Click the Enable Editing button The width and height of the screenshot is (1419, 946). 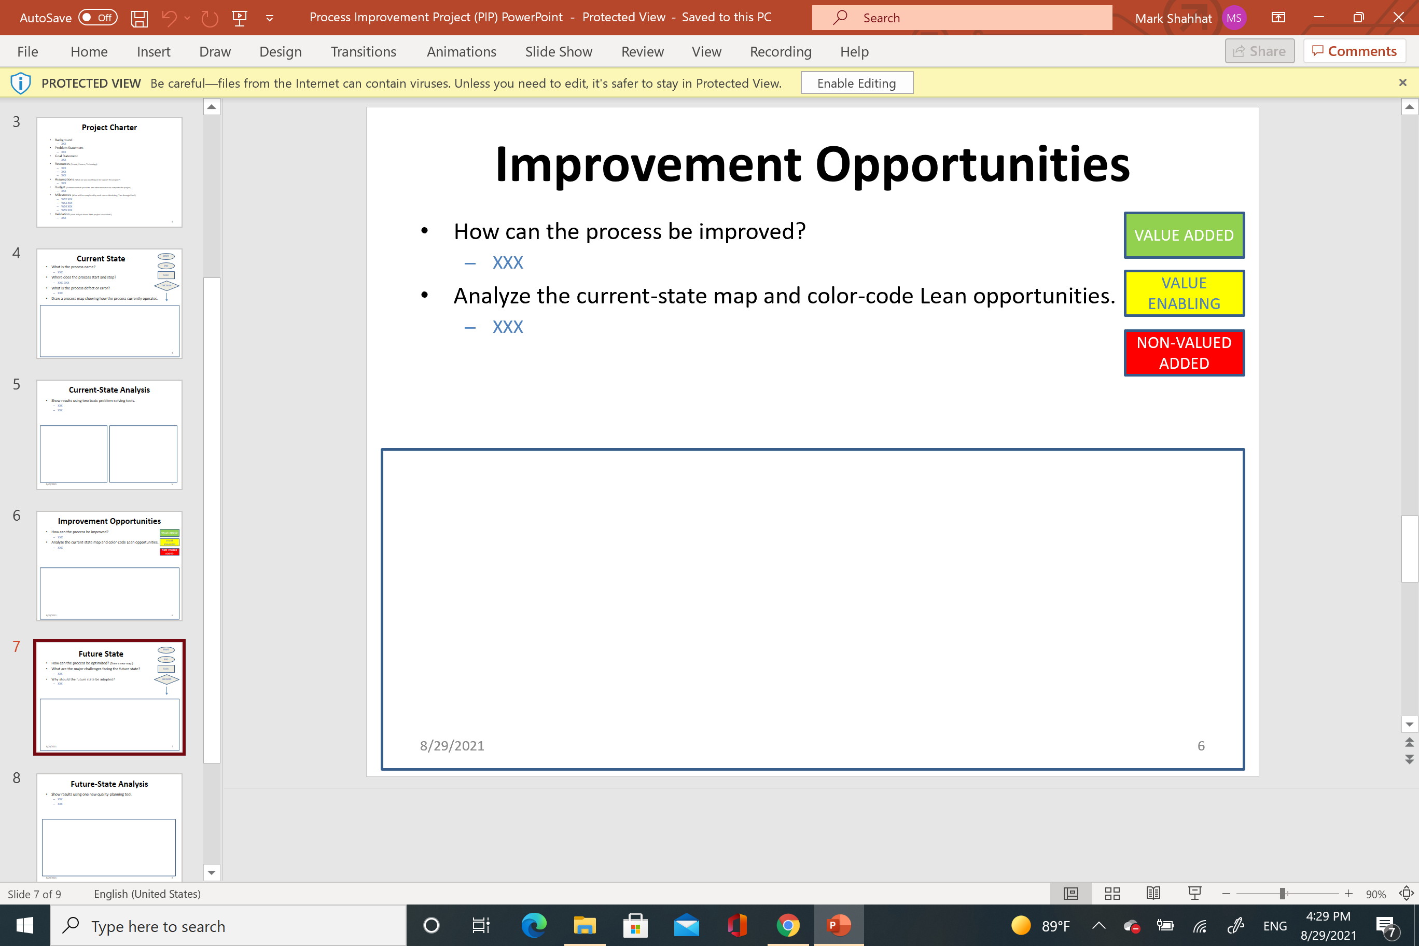click(x=856, y=84)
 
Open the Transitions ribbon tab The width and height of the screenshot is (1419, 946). click(x=363, y=52)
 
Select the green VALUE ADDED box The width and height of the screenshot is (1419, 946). click(x=1184, y=235)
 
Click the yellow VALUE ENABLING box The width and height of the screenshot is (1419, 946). click(x=1184, y=293)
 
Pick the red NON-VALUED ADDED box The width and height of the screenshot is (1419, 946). click(x=1184, y=353)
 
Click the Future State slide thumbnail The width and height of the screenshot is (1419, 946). click(x=109, y=697)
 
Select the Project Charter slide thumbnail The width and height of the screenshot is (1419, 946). click(x=109, y=172)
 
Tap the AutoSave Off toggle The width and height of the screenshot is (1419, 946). click(x=97, y=18)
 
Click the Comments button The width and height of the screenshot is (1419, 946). click(x=1355, y=51)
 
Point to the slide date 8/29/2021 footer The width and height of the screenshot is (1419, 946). click(x=452, y=746)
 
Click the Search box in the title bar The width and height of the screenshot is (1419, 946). click(x=962, y=18)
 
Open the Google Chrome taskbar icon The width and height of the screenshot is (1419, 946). click(x=787, y=925)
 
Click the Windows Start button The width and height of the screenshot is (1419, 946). click(x=25, y=925)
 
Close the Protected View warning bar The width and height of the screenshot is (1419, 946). click(x=1402, y=82)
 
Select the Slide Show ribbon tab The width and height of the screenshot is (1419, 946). click(x=559, y=52)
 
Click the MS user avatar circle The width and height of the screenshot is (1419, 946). click(x=1234, y=18)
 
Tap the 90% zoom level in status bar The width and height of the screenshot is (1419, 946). click(x=1375, y=894)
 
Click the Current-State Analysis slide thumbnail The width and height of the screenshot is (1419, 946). click(x=109, y=435)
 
